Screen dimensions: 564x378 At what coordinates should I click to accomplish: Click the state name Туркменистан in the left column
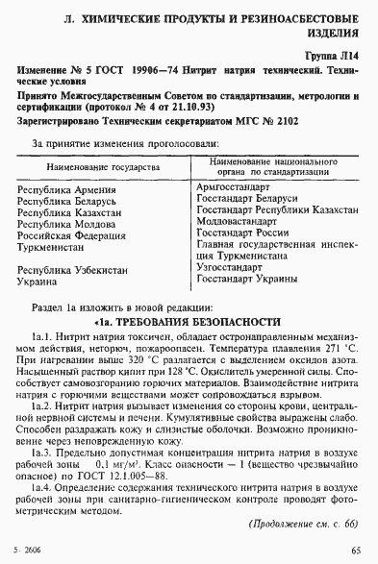coord(56,257)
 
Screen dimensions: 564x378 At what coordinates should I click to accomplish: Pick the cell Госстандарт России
coord(242,233)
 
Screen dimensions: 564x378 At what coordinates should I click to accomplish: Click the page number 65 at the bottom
coord(356,551)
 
